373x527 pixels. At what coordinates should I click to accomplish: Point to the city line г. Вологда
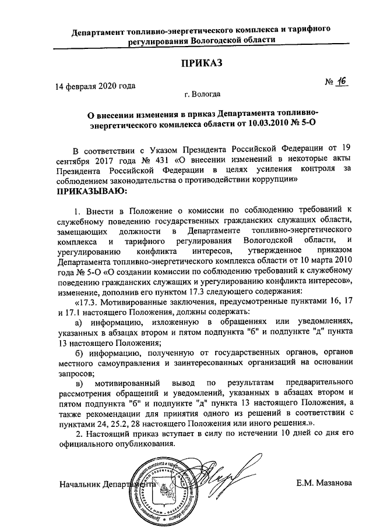(202, 93)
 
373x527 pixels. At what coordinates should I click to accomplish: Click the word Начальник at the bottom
(79, 483)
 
